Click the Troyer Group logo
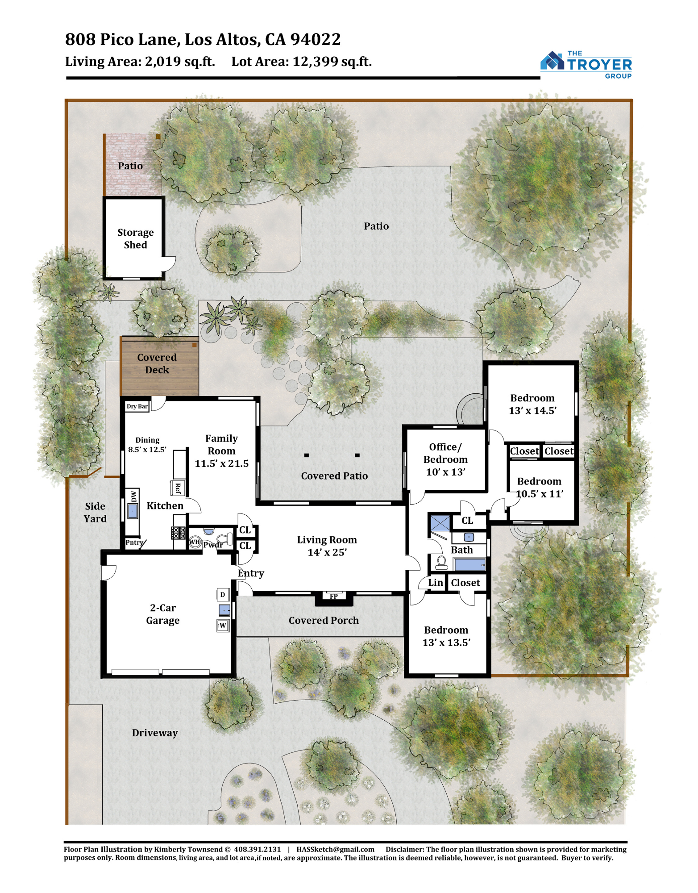[586, 65]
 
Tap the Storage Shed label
[135, 238]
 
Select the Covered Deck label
[157, 363]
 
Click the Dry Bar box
[137, 406]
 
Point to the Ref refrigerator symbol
[178, 488]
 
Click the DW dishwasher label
[133, 496]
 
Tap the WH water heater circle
[195, 542]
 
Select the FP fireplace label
[334, 596]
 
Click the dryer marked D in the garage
[223, 595]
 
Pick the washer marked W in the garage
[223, 625]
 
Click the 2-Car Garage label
[163, 614]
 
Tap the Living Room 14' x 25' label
[327, 546]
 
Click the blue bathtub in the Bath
[469, 564]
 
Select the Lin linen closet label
[436, 583]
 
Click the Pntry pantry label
[134, 542]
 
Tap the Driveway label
[155, 733]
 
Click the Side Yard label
[95, 512]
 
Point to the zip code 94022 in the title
[316, 39]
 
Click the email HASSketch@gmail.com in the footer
[335, 849]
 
